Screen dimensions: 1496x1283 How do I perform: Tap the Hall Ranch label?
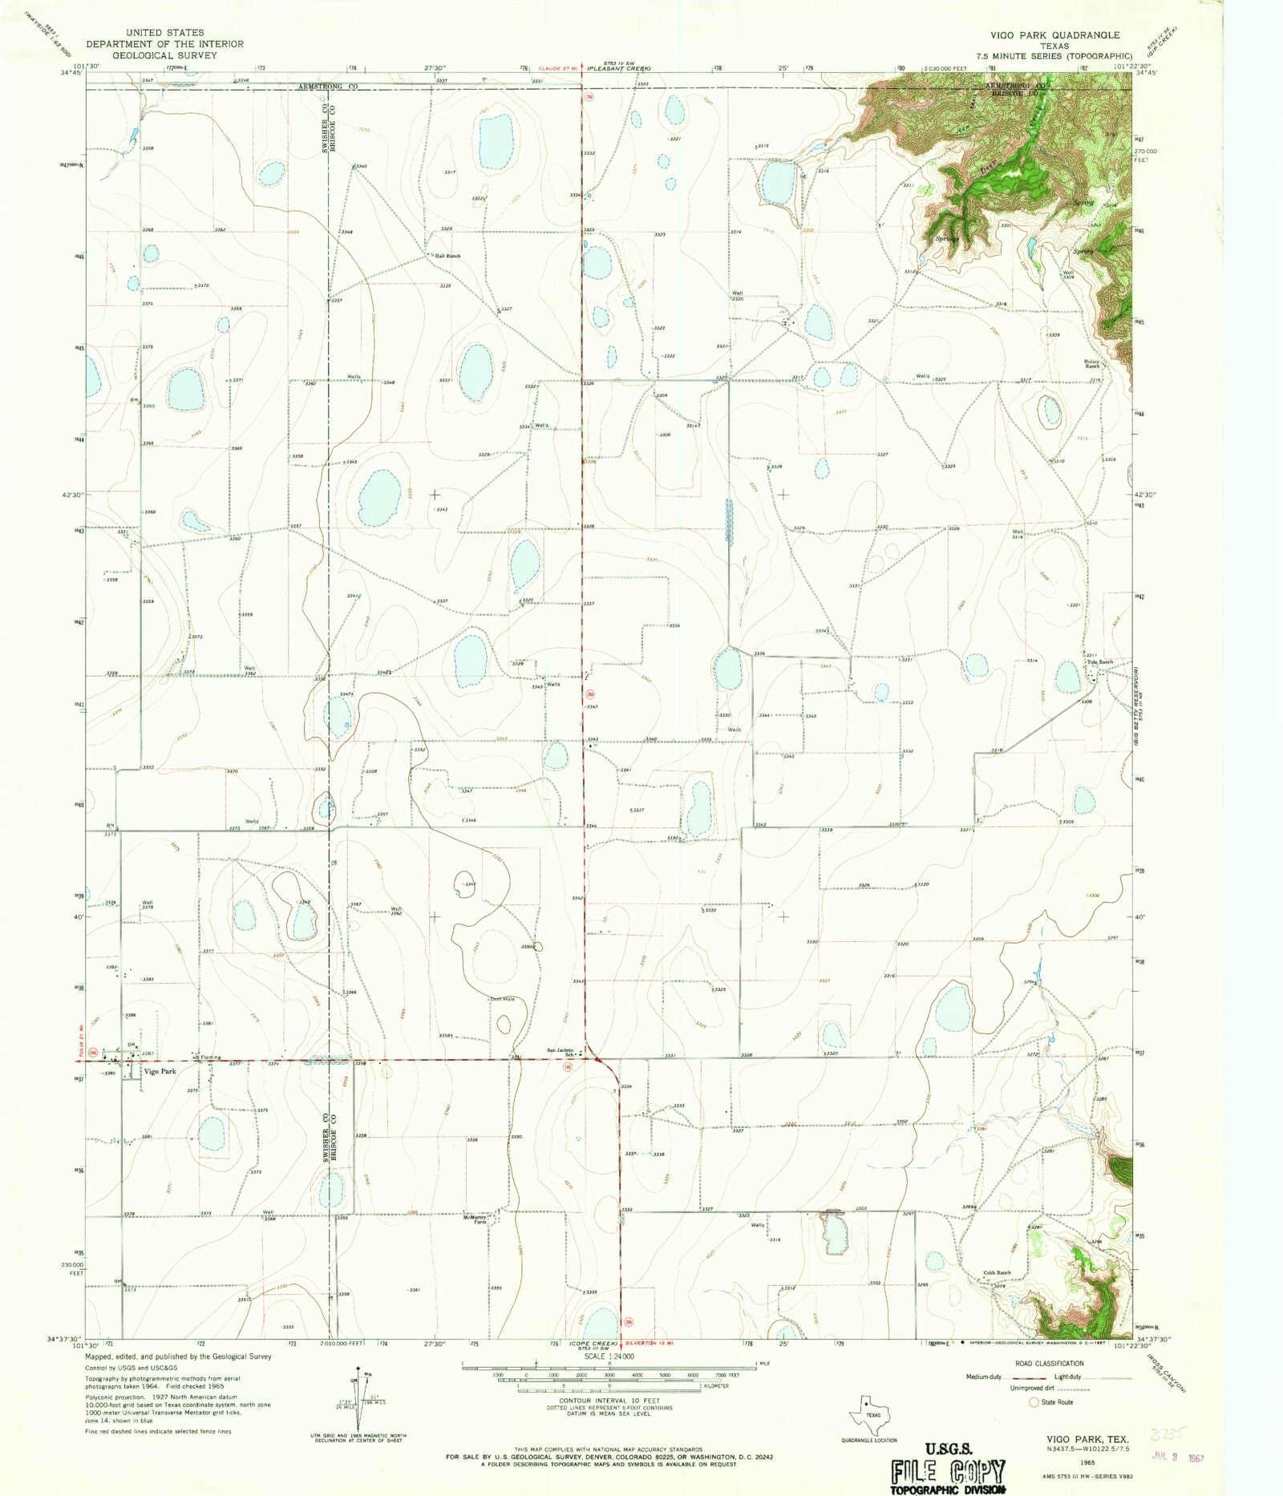[447, 256]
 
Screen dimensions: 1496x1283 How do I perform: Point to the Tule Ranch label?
[1100, 662]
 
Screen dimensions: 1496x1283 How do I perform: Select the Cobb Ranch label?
[998, 1272]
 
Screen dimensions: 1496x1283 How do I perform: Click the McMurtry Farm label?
[475, 1219]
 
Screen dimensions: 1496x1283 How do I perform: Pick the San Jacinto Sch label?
[561, 1052]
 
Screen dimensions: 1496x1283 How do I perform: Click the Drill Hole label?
[502, 999]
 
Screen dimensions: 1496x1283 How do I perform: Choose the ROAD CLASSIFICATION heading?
[1049, 1363]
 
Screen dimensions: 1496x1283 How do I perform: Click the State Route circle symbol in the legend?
[1034, 1402]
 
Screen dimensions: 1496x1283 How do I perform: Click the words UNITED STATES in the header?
[164, 33]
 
